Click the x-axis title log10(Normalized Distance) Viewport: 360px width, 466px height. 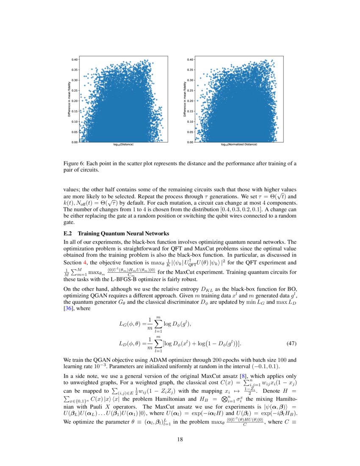pos(239,145)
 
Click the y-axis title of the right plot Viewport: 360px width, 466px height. pos(186,100)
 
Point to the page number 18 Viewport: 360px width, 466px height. pos(180,439)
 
